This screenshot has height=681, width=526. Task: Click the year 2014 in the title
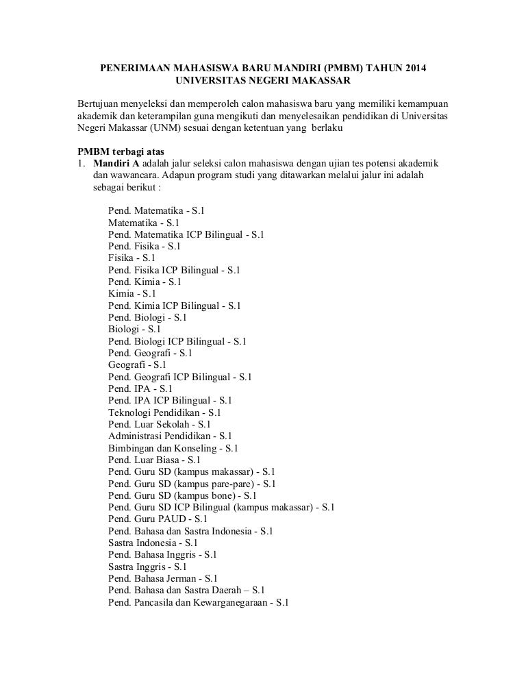click(419, 69)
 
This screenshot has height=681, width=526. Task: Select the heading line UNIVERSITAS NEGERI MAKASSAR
click(263, 82)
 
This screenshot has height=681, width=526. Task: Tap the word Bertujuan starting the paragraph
click(100, 103)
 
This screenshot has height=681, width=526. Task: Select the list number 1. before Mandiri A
click(80, 164)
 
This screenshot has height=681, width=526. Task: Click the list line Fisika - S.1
click(131, 258)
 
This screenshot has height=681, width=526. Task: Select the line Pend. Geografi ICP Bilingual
click(180, 376)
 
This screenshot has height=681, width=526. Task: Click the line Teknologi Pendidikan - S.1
click(164, 412)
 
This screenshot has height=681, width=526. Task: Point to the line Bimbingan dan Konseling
click(173, 447)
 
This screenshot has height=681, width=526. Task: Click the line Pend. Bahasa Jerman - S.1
click(163, 578)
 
